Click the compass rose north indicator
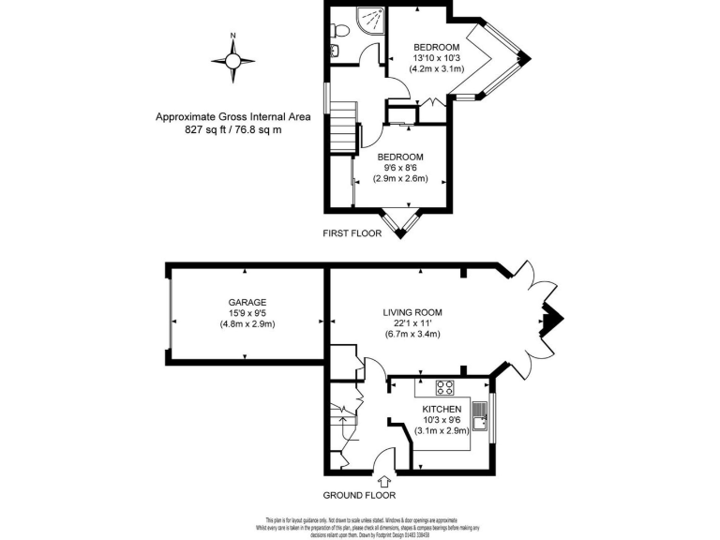[x=233, y=59]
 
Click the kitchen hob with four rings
[x=444, y=388]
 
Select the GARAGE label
[x=247, y=302]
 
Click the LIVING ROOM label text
[x=412, y=312]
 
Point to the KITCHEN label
[x=441, y=410]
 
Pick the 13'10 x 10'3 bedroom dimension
[x=436, y=59]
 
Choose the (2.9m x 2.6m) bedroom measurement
[x=400, y=178]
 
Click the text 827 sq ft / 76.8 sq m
[x=232, y=130]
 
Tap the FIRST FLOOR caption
[x=352, y=233]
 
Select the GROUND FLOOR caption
[x=359, y=495]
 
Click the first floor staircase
[x=343, y=126]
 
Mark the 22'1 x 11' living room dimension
[x=412, y=323]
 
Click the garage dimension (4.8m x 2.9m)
[x=247, y=324]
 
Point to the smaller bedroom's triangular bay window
[x=406, y=222]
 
